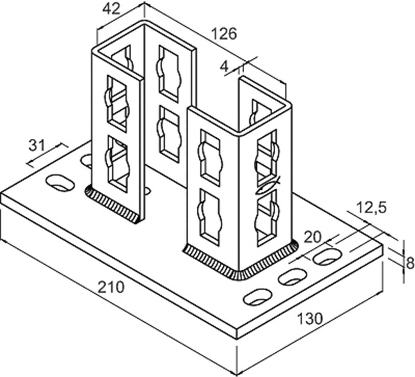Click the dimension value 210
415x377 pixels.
coord(111,287)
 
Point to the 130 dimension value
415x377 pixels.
coord(310,318)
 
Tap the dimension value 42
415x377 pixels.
coord(111,9)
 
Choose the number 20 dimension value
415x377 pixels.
coord(312,238)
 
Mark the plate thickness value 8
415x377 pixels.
coord(410,263)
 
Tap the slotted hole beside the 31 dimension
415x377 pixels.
coord(60,183)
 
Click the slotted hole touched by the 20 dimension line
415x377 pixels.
coord(327,257)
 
